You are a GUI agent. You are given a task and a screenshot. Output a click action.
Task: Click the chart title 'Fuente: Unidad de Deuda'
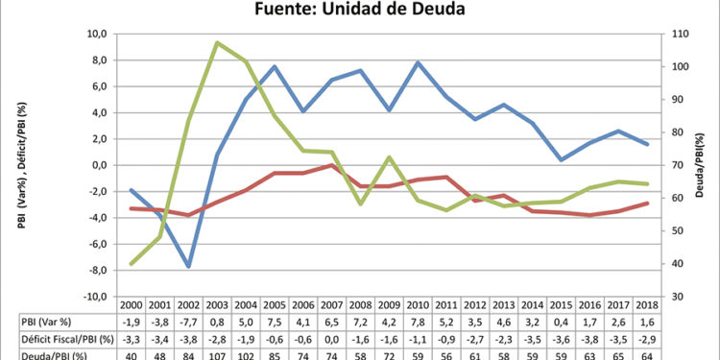click(360, 11)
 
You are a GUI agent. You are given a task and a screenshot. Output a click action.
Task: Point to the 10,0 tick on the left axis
click(96, 34)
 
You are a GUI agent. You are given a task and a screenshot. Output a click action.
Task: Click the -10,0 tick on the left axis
click(94, 297)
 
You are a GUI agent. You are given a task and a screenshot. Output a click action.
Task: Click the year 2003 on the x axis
click(218, 304)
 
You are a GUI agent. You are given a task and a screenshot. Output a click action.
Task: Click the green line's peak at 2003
click(218, 42)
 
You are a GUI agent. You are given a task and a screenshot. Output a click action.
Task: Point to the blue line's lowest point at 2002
click(189, 266)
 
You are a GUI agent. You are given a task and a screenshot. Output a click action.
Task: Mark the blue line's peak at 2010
click(420, 62)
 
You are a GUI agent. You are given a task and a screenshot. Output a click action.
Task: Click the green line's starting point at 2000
click(132, 263)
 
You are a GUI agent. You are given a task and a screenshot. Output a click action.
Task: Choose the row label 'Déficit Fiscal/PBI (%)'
click(60, 339)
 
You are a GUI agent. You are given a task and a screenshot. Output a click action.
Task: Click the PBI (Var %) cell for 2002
click(189, 322)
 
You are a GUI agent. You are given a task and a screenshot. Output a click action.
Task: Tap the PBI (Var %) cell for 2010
click(420, 322)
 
